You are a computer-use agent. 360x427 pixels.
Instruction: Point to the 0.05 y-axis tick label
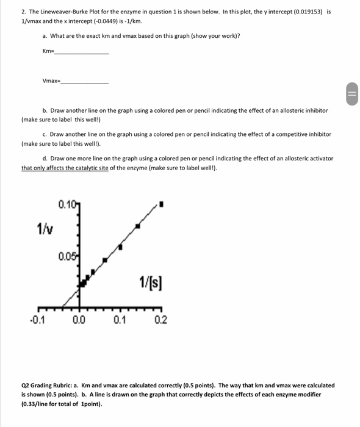[67, 256]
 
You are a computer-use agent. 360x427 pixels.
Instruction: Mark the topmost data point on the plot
[161, 204]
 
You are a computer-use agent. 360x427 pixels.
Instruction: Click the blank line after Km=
[82, 53]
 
